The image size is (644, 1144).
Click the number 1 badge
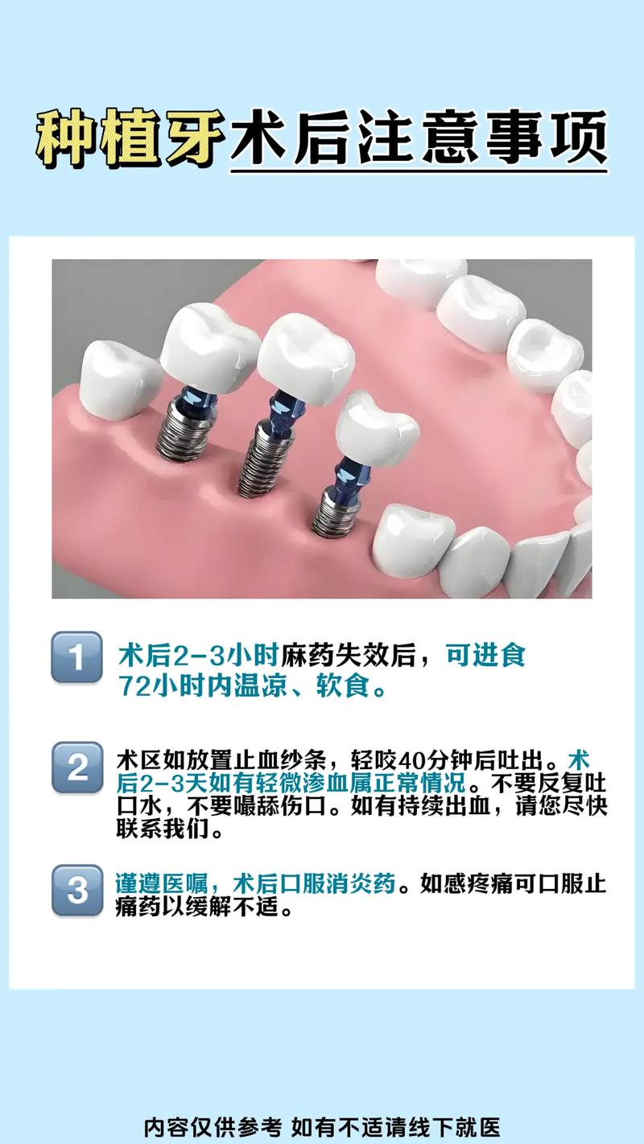77,657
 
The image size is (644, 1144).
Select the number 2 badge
77,767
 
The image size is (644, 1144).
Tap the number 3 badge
77,890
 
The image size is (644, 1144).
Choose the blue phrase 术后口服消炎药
314,884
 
